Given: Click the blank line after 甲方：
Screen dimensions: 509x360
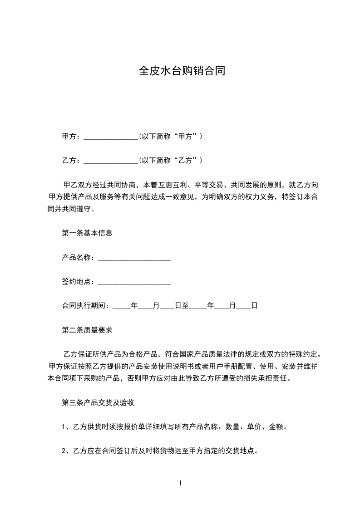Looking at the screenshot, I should (111, 137).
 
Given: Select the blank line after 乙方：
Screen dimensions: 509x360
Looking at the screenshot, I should (111, 161).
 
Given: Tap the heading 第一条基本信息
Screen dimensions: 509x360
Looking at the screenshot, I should (87, 234).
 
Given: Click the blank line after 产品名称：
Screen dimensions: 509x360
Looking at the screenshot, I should (134, 258).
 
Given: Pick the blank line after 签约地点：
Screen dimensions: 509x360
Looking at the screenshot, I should (134, 282).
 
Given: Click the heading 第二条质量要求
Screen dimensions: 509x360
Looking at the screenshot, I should (87, 330).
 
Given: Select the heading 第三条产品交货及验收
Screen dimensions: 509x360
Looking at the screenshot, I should (97, 402).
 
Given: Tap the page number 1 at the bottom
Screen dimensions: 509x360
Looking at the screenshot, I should (180, 483).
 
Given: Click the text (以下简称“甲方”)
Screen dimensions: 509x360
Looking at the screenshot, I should (170, 137).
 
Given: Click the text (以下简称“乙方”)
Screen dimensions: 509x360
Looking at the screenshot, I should (170, 161).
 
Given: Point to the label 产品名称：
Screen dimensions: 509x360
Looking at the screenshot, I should (79, 258).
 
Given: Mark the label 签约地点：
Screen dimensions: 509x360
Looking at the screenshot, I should (79, 282).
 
